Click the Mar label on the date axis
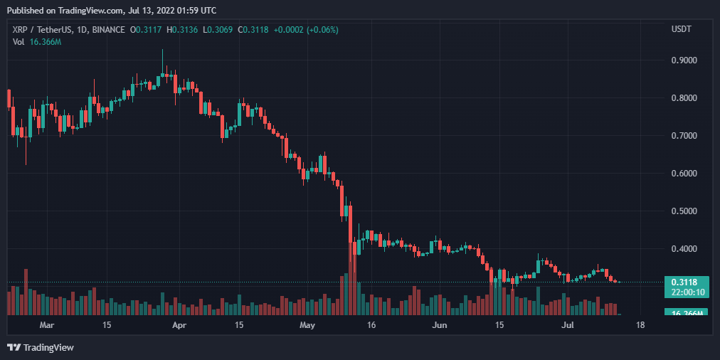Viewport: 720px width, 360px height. pyautogui.click(x=46, y=324)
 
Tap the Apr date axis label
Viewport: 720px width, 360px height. pyautogui.click(x=179, y=324)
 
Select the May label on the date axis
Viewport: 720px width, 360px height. pyautogui.click(x=307, y=324)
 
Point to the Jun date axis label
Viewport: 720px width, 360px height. pyautogui.click(x=440, y=324)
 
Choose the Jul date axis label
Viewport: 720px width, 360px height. pyautogui.click(x=568, y=324)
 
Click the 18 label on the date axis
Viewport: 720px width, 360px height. pyautogui.click(x=640, y=324)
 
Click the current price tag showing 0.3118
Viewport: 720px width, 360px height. pyautogui.click(x=686, y=282)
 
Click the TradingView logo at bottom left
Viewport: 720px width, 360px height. pyautogui.click(x=41, y=347)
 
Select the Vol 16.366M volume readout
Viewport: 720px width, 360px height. pyautogui.click(x=37, y=42)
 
